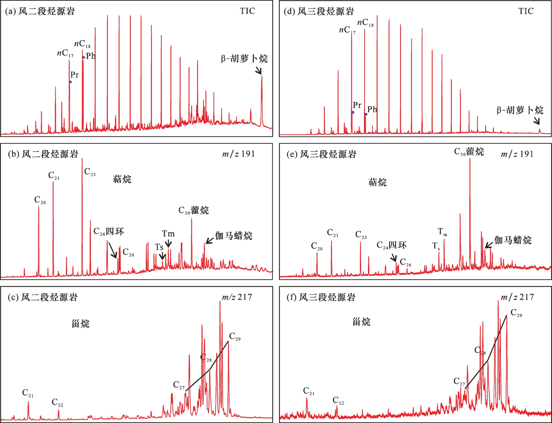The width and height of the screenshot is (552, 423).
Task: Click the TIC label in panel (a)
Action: click(247, 11)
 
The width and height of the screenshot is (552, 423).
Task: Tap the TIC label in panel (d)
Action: click(526, 11)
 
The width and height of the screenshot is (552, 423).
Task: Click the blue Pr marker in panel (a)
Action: click(70, 82)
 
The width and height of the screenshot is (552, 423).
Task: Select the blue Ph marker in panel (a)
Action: click(84, 57)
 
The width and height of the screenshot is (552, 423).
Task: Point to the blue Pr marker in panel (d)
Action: click(353, 112)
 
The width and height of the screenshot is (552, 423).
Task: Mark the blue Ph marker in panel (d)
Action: click(366, 114)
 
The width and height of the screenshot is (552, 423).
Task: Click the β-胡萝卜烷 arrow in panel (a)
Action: click(258, 70)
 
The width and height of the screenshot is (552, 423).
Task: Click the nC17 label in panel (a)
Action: click(65, 53)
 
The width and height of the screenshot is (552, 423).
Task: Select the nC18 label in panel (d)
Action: click(365, 23)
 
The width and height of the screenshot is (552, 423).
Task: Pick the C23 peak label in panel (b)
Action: click(90, 172)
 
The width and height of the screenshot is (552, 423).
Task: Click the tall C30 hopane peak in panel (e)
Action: click(470, 202)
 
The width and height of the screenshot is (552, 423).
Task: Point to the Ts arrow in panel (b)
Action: click(162, 256)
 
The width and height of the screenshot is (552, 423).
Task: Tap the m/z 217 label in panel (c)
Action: click(237, 297)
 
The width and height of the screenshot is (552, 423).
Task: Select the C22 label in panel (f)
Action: click(338, 401)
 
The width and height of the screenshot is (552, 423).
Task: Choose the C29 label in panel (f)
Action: click(516, 313)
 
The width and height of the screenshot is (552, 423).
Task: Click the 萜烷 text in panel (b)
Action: click(122, 179)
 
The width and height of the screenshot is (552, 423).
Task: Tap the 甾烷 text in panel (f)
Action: click(361, 322)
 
